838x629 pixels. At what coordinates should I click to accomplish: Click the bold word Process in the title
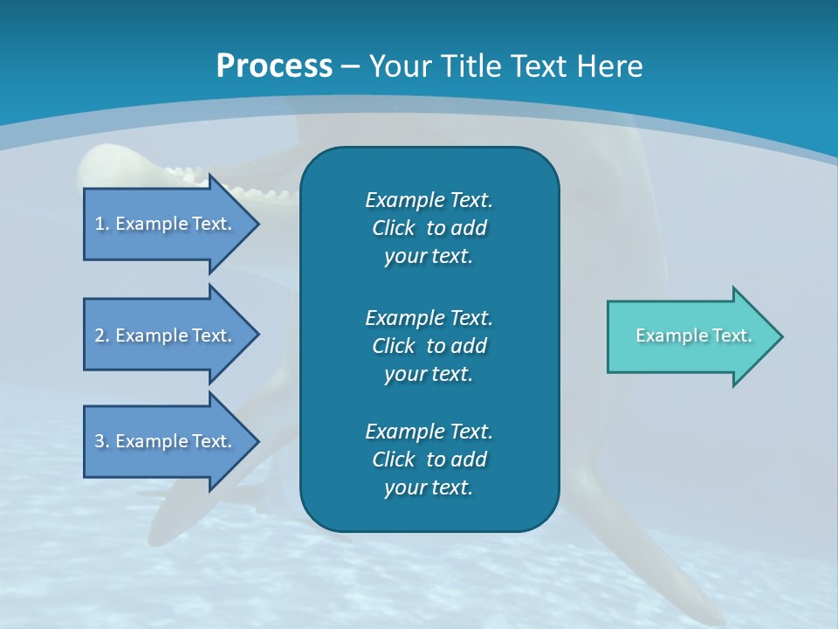click(x=274, y=66)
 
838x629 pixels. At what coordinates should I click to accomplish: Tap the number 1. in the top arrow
click(x=102, y=224)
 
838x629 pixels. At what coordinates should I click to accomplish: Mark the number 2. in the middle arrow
click(x=102, y=335)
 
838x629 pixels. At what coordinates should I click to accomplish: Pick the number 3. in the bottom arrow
click(x=102, y=441)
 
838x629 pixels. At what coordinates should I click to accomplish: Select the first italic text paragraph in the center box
click(x=429, y=228)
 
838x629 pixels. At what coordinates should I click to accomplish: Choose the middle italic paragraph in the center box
click(x=429, y=345)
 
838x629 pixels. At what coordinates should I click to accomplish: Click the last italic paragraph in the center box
click(x=429, y=460)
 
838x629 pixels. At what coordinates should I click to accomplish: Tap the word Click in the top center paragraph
click(x=393, y=229)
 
